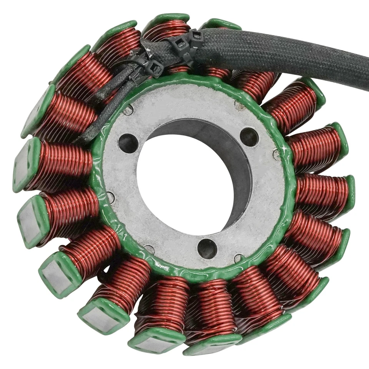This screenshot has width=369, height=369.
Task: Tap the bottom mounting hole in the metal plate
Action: pos(207,248)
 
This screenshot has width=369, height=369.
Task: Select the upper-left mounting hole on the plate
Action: pos(128,143)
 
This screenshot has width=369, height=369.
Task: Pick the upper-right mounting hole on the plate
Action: pos(249,137)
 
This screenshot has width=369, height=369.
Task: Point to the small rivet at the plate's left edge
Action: pos(110,197)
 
